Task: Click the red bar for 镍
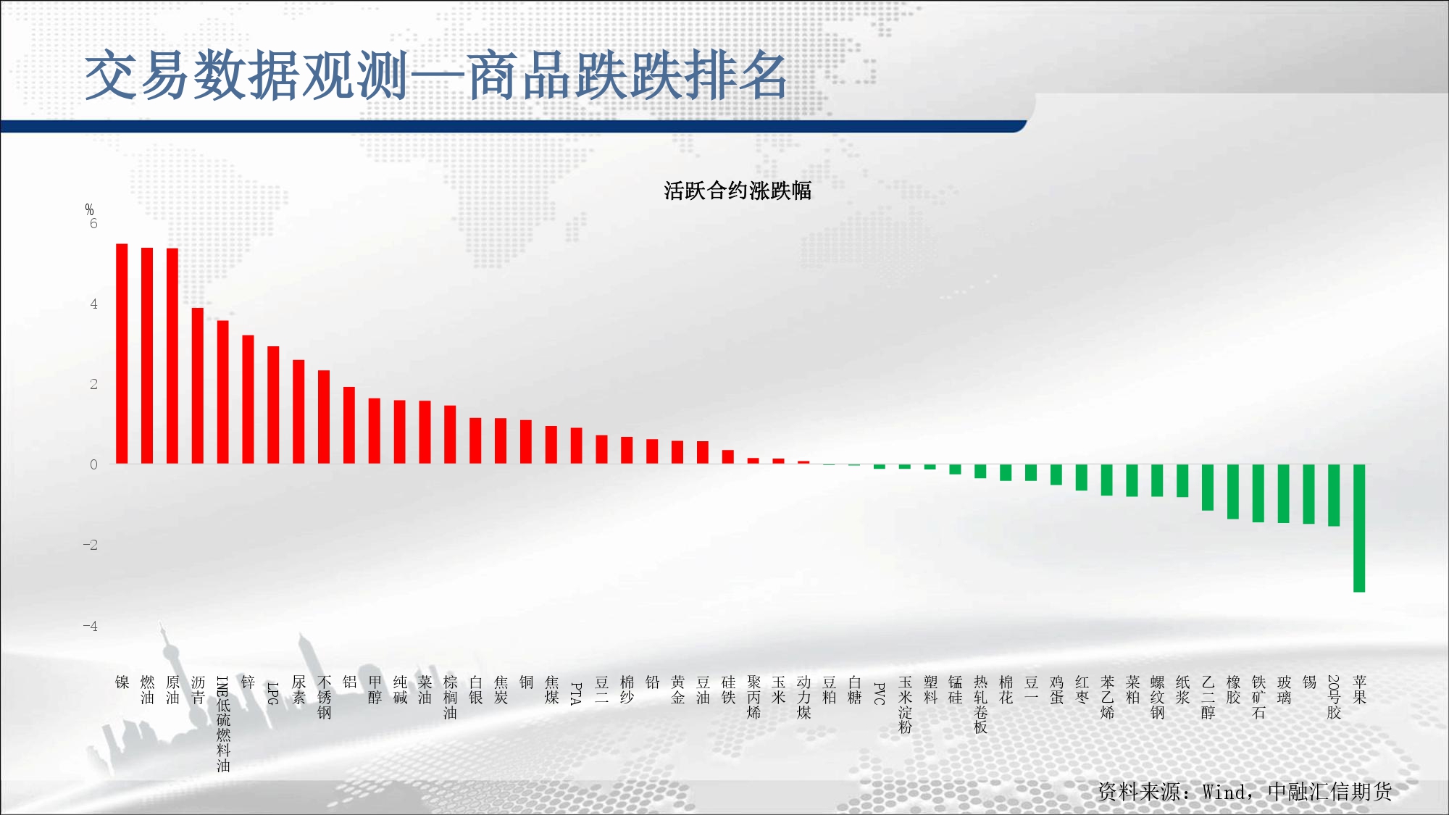(122, 354)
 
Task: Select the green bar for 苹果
(1359, 528)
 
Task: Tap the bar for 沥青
(198, 386)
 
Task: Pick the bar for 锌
(248, 399)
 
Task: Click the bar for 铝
(349, 425)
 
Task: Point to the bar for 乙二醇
(1208, 488)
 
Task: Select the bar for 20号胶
(1334, 496)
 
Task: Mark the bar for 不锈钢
(324, 417)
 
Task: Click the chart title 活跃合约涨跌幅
(738, 191)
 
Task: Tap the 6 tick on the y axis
(93, 223)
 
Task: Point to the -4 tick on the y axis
(90, 625)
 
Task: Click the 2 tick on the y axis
(93, 384)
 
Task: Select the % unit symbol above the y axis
(89, 209)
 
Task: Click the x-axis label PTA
(576, 693)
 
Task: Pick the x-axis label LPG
(273, 693)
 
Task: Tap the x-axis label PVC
(880, 693)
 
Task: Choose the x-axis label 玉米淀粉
(905, 704)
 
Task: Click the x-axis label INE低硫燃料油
(223, 724)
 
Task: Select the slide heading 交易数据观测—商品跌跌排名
(436, 75)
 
